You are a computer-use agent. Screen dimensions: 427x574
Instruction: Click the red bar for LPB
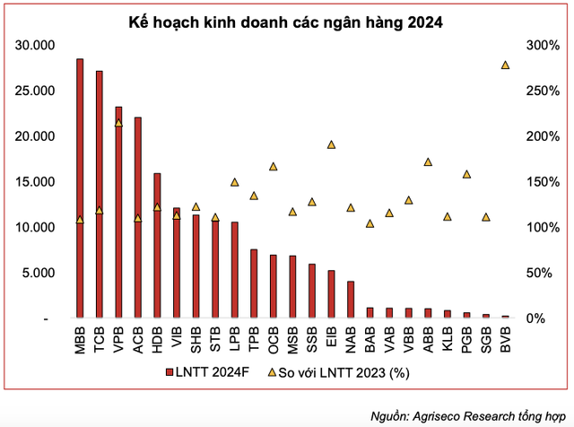pyautogui.click(x=235, y=270)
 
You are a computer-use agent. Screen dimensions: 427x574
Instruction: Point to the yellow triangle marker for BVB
pyautogui.click(x=505, y=65)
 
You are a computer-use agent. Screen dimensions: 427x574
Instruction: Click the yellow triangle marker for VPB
pyautogui.click(x=118, y=123)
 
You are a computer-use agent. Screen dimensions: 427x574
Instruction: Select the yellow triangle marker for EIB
pyautogui.click(x=331, y=144)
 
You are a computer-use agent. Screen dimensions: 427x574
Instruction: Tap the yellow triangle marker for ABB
pyautogui.click(x=428, y=162)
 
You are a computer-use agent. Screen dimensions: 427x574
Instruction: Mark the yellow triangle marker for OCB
pyautogui.click(x=274, y=166)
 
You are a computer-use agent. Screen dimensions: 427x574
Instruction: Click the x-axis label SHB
pyautogui.click(x=196, y=341)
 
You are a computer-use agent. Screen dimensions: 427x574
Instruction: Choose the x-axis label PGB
pyautogui.click(x=466, y=341)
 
